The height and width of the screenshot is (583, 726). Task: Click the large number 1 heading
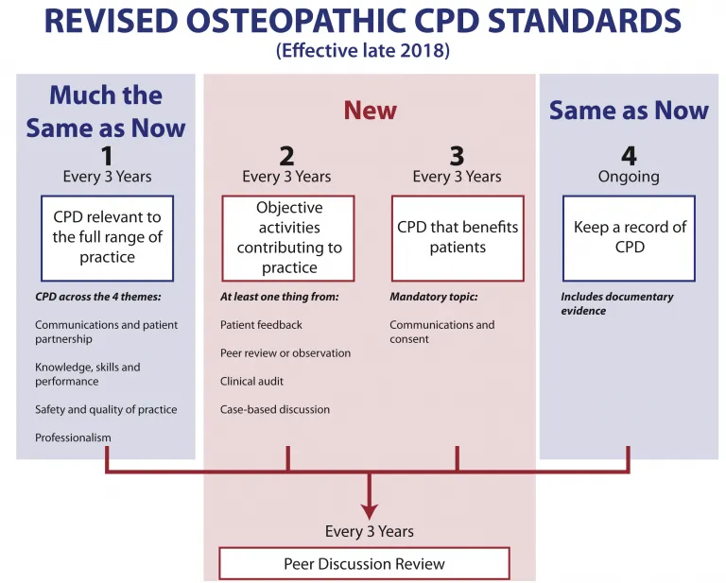click(x=107, y=156)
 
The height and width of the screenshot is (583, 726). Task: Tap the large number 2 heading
click(x=286, y=156)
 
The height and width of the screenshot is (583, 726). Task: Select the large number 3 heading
click(x=457, y=156)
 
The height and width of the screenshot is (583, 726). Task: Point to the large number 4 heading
click(x=629, y=156)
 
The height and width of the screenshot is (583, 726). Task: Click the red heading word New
click(x=370, y=111)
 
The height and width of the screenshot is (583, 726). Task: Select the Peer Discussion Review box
click(x=364, y=563)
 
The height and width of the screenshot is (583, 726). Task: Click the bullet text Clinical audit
click(x=251, y=381)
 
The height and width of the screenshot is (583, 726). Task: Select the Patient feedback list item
click(x=261, y=325)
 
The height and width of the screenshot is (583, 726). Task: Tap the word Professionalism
click(x=73, y=437)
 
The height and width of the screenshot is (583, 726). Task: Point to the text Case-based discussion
click(x=275, y=409)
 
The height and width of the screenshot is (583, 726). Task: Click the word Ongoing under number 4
click(x=629, y=177)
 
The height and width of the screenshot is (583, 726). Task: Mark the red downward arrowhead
click(x=370, y=511)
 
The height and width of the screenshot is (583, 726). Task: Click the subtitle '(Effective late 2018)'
click(x=363, y=50)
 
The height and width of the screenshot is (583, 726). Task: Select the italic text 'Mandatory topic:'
click(x=434, y=297)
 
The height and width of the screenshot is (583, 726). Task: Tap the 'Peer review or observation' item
click(x=285, y=353)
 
